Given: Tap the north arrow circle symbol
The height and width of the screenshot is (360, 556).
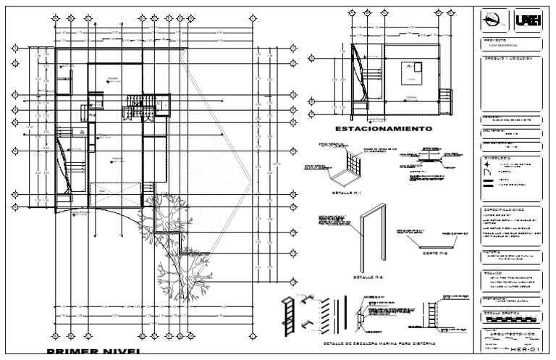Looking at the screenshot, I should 494,22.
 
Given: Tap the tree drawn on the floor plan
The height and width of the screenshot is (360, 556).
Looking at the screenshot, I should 167,239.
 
